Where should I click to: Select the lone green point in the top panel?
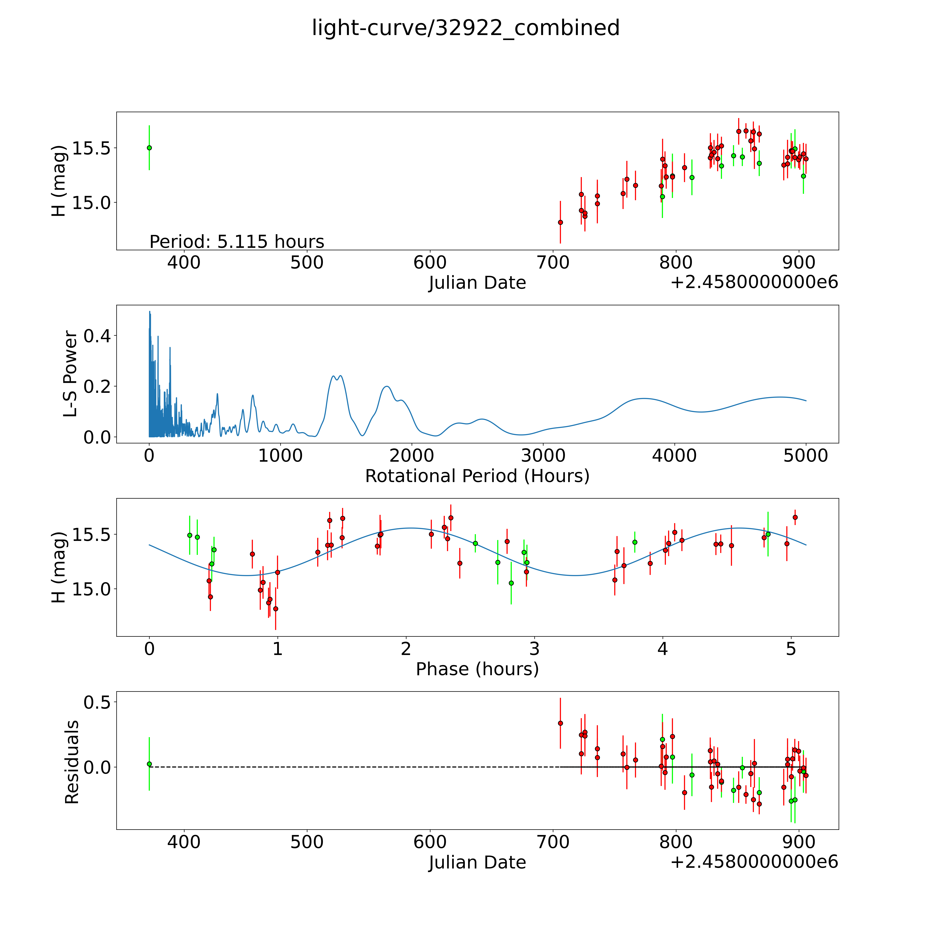[x=149, y=148]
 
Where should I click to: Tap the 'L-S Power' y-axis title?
[x=70, y=374]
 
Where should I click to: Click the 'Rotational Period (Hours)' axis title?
[x=477, y=476]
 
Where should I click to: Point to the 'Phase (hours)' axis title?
[x=477, y=669]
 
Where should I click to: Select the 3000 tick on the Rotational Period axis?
[x=543, y=455]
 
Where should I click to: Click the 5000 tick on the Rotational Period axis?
[x=806, y=455]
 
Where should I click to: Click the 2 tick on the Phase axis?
[x=406, y=649]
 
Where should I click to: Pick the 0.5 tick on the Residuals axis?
[x=97, y=702]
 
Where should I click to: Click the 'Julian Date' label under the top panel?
[x=477, y=283]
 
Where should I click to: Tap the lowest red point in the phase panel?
[x=275, y=609]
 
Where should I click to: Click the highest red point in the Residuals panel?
[x=560, y=723]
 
